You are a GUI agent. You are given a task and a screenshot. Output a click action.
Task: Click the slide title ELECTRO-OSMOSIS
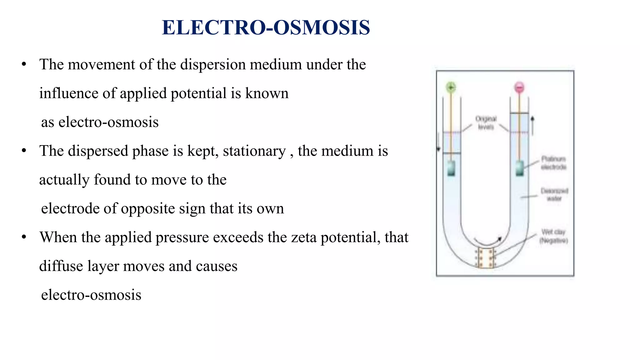(x=266, y=27)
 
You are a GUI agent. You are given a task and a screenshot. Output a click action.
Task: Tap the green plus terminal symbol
(x=451, y=87)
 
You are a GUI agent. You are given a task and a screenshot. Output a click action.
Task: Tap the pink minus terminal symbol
(x=519, y=87)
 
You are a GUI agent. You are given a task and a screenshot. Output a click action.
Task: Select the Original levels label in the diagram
(x=486, y=123)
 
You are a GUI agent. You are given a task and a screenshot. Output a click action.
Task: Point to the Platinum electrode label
(x=553, y=163)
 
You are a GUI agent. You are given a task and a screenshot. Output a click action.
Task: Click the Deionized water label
(x=554, y=194)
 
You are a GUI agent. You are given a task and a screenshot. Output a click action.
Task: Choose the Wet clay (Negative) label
(x=553, y=236)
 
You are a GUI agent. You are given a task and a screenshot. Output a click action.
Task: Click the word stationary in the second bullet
(x=254, y=151)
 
